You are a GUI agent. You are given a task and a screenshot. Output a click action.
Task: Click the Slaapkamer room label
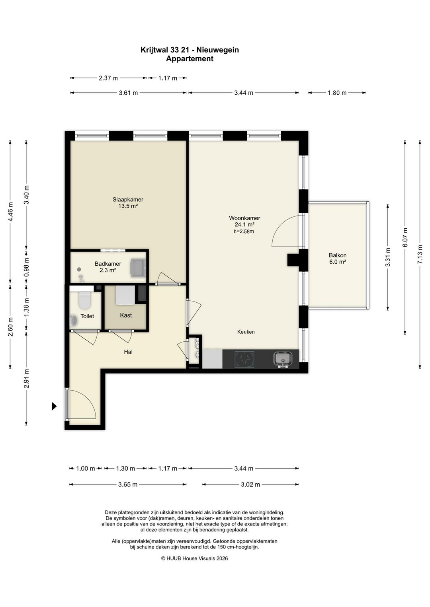(x=128, y=199)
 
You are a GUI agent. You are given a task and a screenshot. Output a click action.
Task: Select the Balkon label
(x=338, y=255)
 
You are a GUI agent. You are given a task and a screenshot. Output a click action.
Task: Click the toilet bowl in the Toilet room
(x=85, y=300)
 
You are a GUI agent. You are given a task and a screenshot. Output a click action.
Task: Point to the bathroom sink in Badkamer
(x=139, y=268)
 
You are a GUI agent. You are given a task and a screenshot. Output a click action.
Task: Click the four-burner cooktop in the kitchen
(x=244, y=359)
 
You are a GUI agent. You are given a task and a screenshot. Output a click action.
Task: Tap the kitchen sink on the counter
(x=283, y=359)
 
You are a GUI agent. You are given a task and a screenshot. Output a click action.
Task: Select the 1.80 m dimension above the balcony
(x=337, y=93)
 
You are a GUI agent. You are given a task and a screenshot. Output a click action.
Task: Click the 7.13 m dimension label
(x=420, y=254)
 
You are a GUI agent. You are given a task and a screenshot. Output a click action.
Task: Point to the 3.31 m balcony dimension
(x=388, y=257)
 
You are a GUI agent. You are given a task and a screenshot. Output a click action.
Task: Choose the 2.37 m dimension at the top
(x=108, y=78)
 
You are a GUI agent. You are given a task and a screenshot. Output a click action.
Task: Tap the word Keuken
(x=246, y=332)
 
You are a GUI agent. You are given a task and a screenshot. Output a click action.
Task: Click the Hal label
(x=128, y=352)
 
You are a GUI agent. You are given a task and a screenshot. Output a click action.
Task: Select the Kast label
(x=126, y=315)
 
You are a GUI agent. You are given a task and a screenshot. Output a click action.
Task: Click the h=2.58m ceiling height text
(x=244, y=232)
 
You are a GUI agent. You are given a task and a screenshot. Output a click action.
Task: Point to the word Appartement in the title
(x=190, y=58)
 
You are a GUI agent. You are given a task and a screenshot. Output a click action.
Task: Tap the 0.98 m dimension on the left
(x=26, y=267)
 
